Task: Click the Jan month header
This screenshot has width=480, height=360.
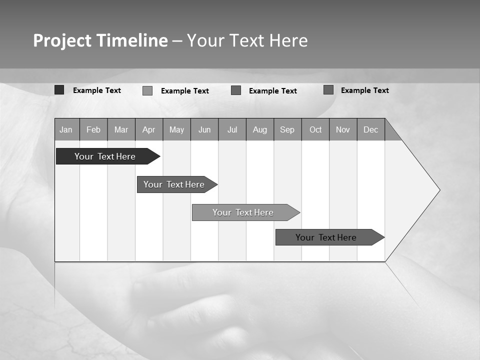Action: pos(66,129)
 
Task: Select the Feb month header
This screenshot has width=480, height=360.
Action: pos(93,129)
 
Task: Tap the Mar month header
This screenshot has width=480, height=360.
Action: pos(121,129)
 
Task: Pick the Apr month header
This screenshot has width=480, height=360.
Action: pos(149,129)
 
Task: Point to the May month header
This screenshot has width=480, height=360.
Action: pos(176,129)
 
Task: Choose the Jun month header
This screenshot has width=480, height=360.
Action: pos(204,129)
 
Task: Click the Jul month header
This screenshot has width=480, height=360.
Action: pos(232,129)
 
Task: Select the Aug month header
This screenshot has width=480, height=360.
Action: pos(260,129)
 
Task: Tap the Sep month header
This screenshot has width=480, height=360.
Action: pos(287,129)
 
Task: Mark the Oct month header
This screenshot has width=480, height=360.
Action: pos(315,129)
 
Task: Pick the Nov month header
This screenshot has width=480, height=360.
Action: pos(343,129)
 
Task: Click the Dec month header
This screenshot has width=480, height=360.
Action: pos(371,129)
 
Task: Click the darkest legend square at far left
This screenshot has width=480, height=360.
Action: pos(59,90)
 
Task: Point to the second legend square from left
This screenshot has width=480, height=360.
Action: pos(147,90)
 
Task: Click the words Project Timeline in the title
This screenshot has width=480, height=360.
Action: pos(100,40)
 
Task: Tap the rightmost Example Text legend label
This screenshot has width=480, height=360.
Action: pos(364,90)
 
